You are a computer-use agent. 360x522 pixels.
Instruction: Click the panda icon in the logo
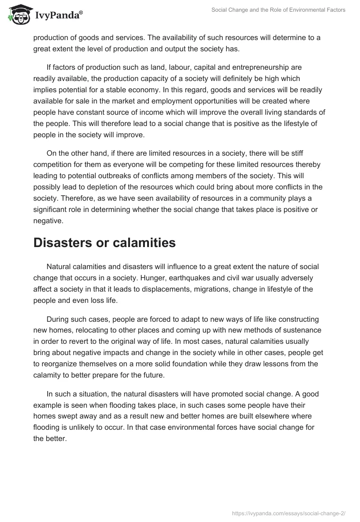17,15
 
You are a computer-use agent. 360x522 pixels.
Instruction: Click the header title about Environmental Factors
278,10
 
